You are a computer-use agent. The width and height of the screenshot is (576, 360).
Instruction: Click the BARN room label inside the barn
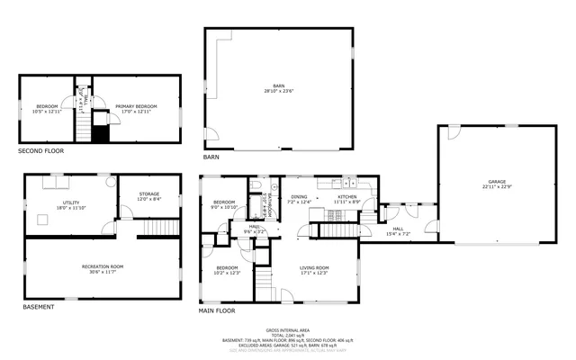point(279,86)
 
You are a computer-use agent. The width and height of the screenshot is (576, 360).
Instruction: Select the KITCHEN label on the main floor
point(347,196)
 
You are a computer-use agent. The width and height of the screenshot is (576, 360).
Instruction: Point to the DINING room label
point(299,196)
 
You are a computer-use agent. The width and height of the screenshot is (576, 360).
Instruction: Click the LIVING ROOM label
point(315,267)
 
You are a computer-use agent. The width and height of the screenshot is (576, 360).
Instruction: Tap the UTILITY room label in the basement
point(71,202)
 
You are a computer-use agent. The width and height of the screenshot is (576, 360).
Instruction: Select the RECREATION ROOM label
point(103,266)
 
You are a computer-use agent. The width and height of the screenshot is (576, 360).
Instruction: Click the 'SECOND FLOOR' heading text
point(41,150)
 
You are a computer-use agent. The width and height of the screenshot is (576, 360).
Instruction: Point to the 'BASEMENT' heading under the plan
point(38,307)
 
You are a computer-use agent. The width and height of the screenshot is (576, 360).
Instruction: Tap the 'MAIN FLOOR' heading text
point(217,310)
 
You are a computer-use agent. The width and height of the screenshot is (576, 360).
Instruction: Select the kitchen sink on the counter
point(346,183)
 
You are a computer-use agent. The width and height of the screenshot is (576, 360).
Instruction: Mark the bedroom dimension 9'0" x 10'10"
point(224,207)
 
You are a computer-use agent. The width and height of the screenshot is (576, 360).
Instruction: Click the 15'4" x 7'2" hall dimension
point(398,234)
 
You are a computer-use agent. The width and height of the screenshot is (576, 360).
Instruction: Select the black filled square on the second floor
point(100,132)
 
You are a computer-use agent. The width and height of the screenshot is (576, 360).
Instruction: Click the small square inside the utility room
point(41,218)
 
